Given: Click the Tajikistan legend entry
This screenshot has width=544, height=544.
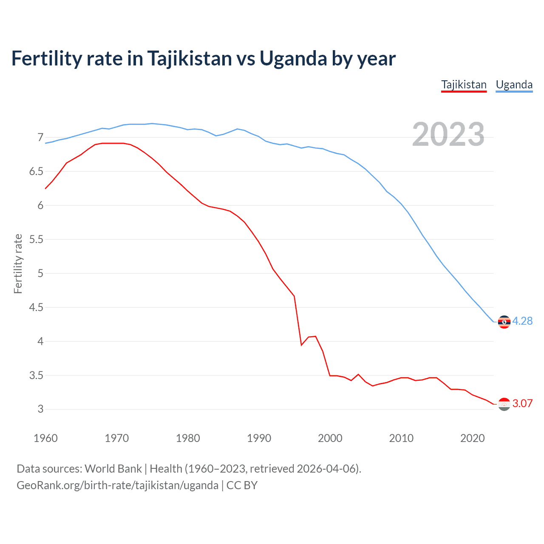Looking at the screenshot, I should [464, 85].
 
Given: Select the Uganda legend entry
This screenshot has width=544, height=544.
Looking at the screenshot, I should [514, 85].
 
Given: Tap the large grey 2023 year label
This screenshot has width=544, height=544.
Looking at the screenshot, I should [448, 134].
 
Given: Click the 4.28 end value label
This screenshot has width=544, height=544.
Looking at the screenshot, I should [522, 321].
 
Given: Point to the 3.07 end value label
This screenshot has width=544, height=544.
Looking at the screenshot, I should [522, 403].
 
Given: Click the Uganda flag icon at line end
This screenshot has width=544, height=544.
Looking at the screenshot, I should [504, 322].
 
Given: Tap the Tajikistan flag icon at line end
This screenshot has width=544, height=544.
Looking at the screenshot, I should [504, 404].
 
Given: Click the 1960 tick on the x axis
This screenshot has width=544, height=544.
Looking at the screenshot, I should [45, 438].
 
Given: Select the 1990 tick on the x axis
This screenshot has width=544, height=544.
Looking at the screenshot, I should [259, 438].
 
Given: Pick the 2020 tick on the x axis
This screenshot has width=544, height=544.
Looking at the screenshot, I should [472, 438].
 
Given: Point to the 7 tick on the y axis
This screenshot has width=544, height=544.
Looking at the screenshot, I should [40, 137].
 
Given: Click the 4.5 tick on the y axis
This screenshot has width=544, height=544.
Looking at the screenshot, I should [36, 307].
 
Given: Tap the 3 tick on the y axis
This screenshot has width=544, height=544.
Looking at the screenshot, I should [40, 409].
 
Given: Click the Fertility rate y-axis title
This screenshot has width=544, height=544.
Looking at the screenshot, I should [18, 263].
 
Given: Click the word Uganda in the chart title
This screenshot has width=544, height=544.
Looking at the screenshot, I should [293, 58].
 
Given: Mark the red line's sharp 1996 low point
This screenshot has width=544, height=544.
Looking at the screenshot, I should [301, 345].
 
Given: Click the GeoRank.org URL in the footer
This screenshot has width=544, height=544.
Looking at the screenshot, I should [117, 485].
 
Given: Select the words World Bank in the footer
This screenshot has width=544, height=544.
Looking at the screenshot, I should [113, 469].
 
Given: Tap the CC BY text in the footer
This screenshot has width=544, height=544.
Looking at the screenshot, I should [242, 485].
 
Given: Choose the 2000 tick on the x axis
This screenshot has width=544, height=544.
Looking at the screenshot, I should [330, 438].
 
